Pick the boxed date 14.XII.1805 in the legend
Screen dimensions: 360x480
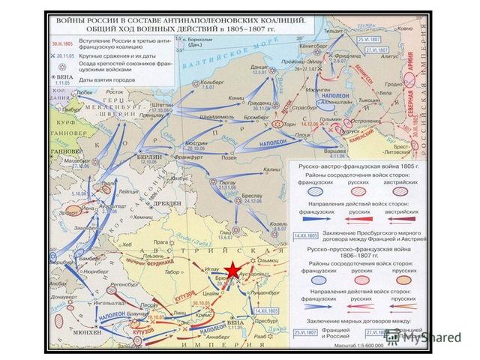coord(304,235)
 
